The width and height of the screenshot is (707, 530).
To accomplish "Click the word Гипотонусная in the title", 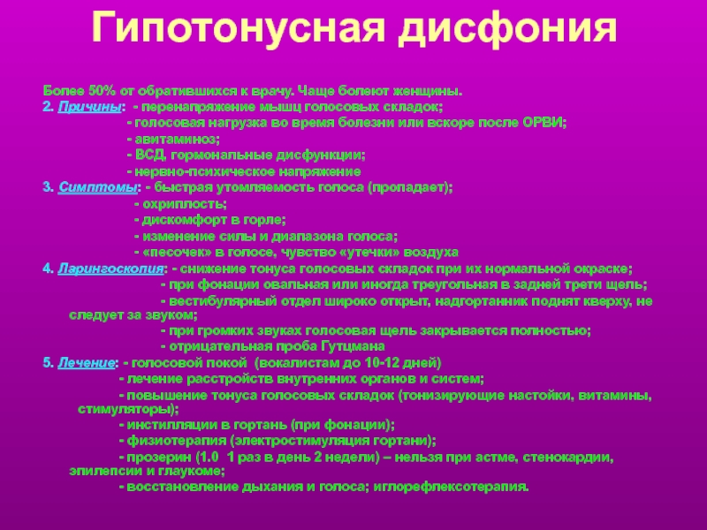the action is pyautogui.click(x=239, y=28).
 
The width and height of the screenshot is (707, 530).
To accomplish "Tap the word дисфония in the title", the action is pyautogui.click(x=507, y=28).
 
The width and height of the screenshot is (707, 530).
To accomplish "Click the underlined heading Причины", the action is pyautogui.click(x=89, y=107).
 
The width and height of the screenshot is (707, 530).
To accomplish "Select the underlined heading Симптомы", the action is pyautogui.click(x=97, y=187).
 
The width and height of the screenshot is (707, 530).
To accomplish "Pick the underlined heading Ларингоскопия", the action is pyautogui.click(x=110, y=269).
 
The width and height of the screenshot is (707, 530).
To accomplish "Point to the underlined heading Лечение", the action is pyautogui.click(x=86, y=363).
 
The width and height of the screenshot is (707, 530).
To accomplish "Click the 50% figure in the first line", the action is pyautogui.click(x=102, y=91).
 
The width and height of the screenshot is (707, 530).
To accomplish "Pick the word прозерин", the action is pyautogui.click(x=159, y=458).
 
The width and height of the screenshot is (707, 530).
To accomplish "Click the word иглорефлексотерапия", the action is pyautogui.click(x=451, y=487).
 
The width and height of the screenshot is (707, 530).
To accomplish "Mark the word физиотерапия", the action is pyautogui.click(x=176, y=440).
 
